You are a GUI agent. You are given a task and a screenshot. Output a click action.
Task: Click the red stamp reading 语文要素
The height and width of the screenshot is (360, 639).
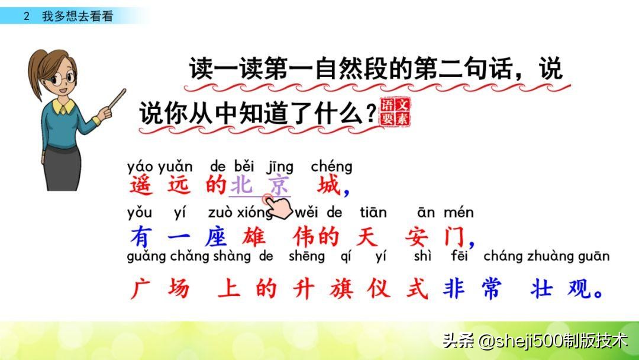coord(395,112)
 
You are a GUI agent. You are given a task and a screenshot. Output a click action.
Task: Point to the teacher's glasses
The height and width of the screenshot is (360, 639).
coord(63,78)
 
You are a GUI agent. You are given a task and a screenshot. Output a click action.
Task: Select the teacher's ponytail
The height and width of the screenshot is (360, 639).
coord(36,73)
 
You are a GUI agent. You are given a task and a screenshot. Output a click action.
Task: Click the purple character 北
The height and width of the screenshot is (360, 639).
coord(242,185)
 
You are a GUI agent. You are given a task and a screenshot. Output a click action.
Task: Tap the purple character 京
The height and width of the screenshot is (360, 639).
coord(279,185)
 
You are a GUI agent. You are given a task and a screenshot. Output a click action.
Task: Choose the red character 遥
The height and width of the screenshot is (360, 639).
coord(141,185)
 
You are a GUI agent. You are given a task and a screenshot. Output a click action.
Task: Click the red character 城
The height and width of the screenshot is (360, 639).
coord(328,185)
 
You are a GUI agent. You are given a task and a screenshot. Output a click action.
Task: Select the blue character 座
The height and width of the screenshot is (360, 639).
coord(215,236)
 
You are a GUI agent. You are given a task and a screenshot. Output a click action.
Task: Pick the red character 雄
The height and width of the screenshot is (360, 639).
coord(253,236)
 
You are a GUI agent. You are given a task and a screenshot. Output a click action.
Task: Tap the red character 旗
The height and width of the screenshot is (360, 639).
coord(341,289)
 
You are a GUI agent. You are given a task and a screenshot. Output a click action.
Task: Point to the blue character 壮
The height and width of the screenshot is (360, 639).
coord(541,289)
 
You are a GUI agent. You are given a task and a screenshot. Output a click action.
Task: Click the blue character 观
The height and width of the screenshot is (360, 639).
coord(579,289)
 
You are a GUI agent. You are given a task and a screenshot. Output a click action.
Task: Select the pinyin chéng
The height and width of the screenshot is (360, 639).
coord(331,167)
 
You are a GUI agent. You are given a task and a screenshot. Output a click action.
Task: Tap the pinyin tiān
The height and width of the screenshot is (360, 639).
coord(373,212)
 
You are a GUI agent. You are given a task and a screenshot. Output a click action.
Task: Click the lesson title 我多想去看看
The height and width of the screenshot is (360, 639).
coord(78,16)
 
